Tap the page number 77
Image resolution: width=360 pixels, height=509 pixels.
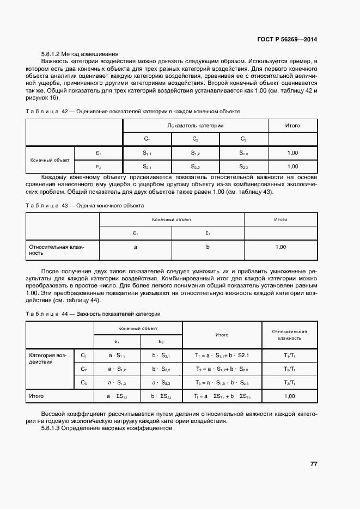click(x=313, y=464)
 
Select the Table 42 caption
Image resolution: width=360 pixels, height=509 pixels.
click(x=133, y=111)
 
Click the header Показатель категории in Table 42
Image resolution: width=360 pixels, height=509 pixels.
click(x=195, y=125)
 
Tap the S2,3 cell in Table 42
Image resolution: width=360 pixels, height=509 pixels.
click(x=243, y=167)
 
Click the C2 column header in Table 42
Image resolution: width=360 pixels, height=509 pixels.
click(x=195, y=139)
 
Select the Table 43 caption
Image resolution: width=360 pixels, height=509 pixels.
click(x=85, y=206)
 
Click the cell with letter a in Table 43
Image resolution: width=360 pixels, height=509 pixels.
click(x=135, y=247)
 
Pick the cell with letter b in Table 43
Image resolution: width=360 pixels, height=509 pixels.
click(x=208, y=247)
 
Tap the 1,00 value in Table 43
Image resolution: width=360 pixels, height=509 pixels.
click(x=280, y=247)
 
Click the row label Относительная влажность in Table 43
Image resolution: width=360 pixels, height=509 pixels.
click(x=56, y=250)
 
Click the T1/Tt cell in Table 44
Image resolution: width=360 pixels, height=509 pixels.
click(x=290, y=355)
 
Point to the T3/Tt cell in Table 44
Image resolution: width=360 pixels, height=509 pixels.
click(x=290, y=383)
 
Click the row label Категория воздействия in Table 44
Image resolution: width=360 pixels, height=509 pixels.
click(x=48, y=358)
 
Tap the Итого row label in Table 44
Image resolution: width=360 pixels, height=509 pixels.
click(x=36, y=396)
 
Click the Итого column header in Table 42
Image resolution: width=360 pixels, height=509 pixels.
click(x=292, y=125)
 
